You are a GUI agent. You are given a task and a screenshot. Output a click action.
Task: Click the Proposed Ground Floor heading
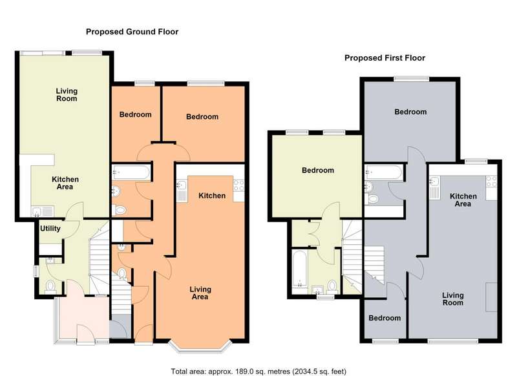click(132, 32)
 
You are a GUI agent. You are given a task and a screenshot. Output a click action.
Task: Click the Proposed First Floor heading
click(385, 58)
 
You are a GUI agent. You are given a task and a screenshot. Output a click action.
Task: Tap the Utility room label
click(50, 228)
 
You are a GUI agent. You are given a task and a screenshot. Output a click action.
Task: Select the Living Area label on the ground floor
click(200, 293)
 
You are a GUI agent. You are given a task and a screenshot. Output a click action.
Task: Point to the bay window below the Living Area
click(200, 346)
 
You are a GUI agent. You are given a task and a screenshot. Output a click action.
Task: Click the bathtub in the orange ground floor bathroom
click(132, 172)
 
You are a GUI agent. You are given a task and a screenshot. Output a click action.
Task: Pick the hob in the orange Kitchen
click(238, 185)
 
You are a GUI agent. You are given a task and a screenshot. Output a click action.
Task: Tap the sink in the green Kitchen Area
click(43, 211)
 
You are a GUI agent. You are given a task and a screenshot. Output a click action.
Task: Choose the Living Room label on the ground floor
click(67, 94)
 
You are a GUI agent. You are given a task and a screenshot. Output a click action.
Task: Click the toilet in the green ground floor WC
click(50, 286)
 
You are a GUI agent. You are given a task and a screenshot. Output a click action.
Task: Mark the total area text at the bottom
click(258, 371)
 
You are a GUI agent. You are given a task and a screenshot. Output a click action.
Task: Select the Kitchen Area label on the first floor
click(463, 200)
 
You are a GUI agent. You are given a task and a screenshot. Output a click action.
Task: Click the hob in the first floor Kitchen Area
click(491, 182)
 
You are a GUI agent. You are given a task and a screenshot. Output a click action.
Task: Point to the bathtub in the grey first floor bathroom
click(384, 172)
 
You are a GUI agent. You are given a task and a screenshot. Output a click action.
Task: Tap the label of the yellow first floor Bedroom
click(318, 171)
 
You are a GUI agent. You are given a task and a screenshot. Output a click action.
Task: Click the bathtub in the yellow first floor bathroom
click(300, 269)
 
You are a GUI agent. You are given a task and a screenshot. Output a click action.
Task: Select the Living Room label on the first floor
click(453, 299)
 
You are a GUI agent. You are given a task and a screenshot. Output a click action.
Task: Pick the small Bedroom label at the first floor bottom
click(385, 318)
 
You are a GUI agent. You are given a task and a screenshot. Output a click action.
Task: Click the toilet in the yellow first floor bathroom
click(332, 286)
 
